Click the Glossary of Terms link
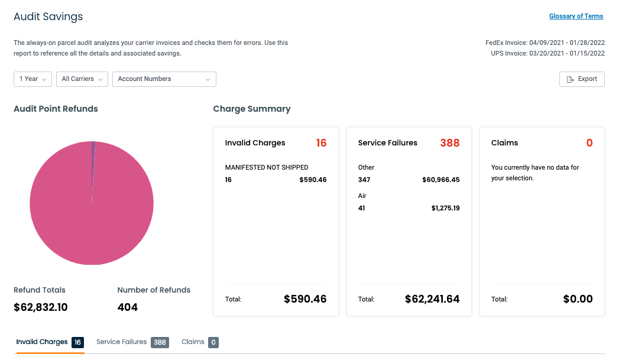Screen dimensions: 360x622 [576, 17]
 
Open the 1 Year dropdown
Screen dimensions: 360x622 [33, 79]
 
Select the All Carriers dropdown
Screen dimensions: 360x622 [82, 79]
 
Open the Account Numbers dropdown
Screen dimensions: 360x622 [164, 79]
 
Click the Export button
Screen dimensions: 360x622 [582, 79]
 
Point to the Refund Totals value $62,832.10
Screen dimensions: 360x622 [41, 307]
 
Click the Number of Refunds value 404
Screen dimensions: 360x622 [128, 307]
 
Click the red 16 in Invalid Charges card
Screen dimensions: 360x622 [321, 143]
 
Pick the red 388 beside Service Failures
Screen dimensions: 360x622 [449, 143]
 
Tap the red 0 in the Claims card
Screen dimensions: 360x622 [589, 143]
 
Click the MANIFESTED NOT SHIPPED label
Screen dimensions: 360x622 [267, 167]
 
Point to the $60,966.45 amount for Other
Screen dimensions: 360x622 [440, 180]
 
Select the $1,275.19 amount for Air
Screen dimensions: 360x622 [445, 208]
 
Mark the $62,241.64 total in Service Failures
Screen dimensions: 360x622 [432, 299]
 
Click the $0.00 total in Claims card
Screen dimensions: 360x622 [578, 299]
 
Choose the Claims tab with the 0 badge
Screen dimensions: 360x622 [199, 342]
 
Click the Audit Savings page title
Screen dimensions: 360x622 [48, 17]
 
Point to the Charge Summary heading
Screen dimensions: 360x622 [252, 109]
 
